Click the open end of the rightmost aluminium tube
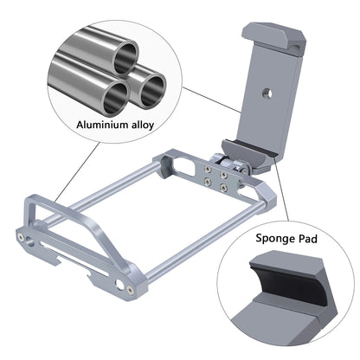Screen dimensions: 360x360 [156, 84]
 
